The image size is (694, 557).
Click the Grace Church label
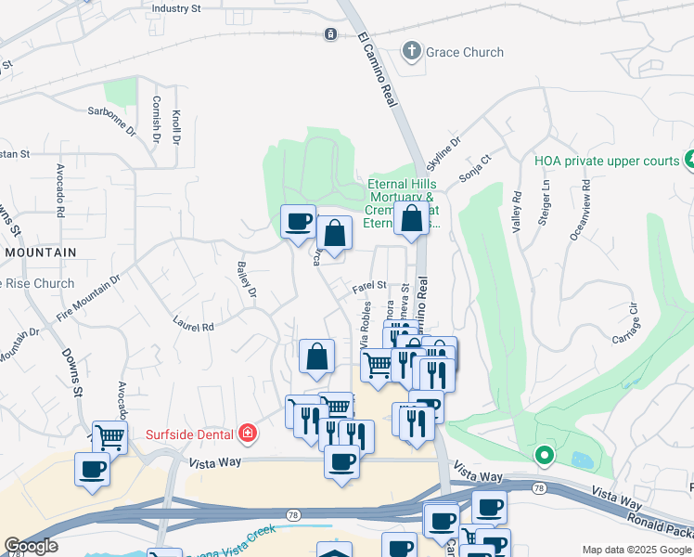465,52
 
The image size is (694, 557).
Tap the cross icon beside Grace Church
412,51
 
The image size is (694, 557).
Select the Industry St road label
175,8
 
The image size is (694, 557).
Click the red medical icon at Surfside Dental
247,433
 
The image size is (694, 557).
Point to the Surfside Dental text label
190,433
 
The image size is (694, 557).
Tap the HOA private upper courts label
607,161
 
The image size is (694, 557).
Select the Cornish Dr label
156,118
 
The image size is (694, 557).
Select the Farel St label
369,288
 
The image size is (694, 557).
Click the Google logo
30,546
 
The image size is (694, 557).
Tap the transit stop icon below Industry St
330,34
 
